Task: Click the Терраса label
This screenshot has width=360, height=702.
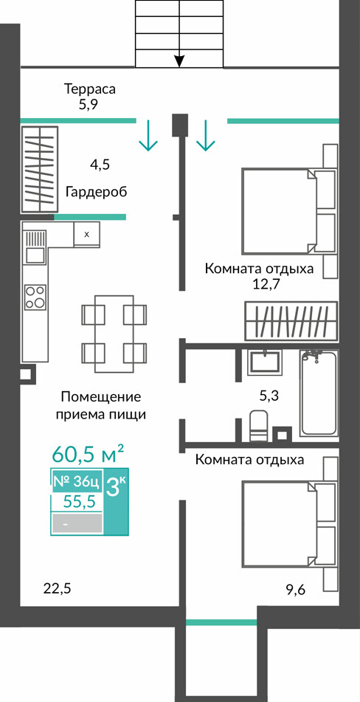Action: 90,89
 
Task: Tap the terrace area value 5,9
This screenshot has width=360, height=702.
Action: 88,106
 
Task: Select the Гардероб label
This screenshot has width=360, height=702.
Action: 96,193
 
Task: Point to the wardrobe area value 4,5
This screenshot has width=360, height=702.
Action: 100,165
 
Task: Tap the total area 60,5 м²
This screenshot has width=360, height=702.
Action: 88,455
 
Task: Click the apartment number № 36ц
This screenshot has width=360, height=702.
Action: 76,482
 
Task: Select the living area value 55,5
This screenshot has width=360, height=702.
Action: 80,502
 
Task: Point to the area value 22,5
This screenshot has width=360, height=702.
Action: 58,588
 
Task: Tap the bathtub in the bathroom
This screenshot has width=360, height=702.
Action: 319,393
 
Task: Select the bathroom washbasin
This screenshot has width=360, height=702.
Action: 264,362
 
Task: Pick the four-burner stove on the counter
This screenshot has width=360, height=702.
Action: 35,297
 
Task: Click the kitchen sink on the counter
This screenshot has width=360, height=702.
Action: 35,247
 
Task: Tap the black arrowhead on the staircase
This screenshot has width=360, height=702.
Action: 179,61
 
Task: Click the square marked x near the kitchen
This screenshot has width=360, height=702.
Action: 86,234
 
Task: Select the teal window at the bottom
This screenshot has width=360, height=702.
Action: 221,622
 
